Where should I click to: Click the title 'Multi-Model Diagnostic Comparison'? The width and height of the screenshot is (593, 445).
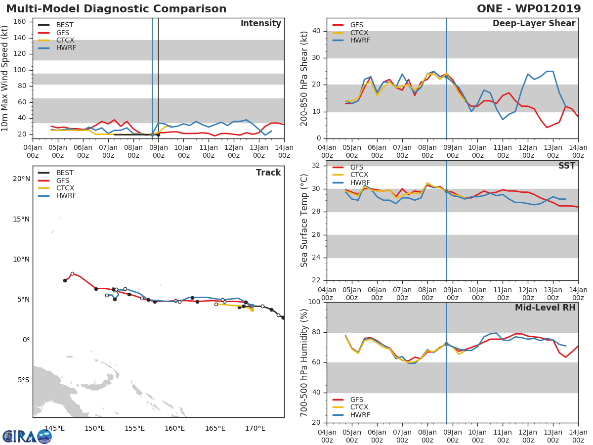point(116,9)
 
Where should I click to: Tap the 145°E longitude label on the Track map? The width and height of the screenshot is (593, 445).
point(54,428)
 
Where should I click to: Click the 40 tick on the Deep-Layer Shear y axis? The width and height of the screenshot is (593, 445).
point(316,31)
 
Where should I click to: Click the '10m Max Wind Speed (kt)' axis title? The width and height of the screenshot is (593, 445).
point(5,79)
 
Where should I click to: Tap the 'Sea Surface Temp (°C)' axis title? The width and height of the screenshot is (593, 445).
point(304,221)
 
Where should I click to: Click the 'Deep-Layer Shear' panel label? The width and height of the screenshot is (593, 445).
point(534,24)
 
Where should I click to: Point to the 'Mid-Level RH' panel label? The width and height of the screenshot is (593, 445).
point(545,308)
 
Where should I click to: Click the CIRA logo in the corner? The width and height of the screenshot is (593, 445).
point(27,436)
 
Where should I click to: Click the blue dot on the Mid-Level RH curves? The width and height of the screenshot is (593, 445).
point(446,344)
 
